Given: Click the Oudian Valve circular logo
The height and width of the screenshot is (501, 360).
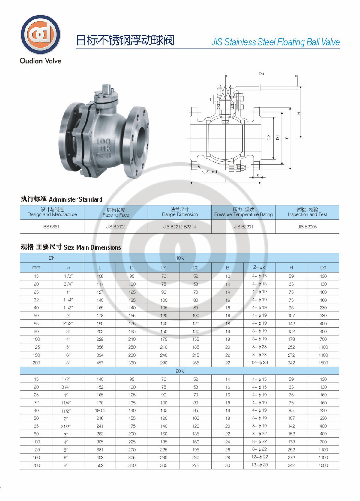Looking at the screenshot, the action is pos(40,34).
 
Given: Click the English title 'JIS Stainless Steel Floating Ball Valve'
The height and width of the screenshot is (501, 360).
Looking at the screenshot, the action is pos(275,42).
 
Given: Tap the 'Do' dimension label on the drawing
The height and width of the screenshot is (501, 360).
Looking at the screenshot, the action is pos(261,73).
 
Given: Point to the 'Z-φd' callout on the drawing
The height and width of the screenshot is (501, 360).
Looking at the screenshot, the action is pos(211,172).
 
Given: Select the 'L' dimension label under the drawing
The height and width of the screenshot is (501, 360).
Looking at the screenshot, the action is pos(226,181).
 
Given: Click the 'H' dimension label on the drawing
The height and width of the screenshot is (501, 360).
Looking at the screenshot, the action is pos(299,113).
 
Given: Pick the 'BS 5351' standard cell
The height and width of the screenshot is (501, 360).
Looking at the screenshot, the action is pos(51,226).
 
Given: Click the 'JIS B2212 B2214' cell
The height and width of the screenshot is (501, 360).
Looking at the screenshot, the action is pos(180,226).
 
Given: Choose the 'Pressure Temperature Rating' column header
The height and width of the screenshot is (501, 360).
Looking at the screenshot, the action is pos(244,214).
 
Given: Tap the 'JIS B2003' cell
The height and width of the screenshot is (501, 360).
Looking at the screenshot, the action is pos(307,226).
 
